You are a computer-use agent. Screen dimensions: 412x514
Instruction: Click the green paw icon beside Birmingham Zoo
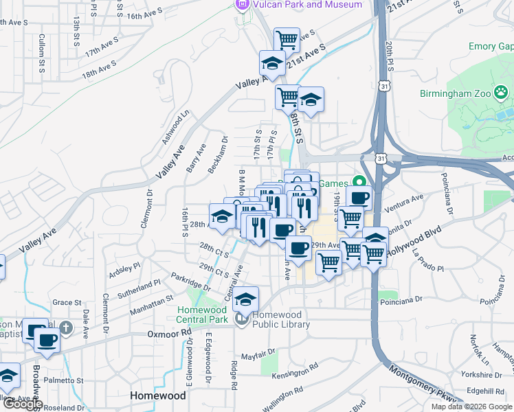[x=503, y=91]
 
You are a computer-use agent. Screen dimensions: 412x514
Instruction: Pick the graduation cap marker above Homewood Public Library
[x=245, y=299]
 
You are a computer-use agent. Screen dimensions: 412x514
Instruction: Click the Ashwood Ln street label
[x=175, y=128]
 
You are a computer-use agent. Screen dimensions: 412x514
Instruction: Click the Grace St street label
[x=67, y=302]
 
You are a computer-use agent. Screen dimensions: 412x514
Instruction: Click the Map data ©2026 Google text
[x=471, y=407]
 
